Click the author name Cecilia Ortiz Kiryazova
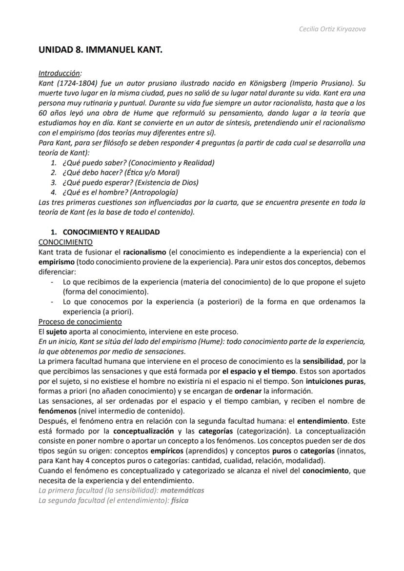pyautogui.click(x=332, y=29)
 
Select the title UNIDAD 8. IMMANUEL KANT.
pyautogui.click(x=100, y=50)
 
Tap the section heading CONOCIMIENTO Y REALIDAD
pyautogui.click(x=111, y=232)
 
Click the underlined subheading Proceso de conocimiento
pyautogui.click(x=80, y=322)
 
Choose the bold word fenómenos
pyautogui.click(x=56, y=411)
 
